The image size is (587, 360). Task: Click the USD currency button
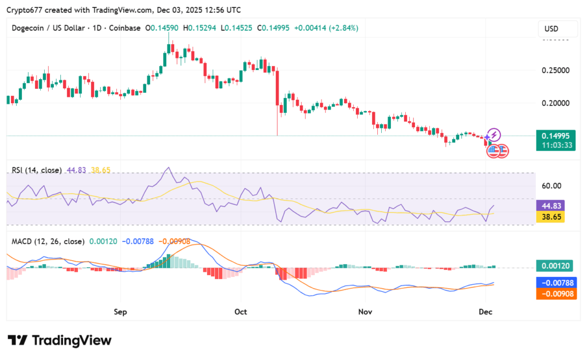551,29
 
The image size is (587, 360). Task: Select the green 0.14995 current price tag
553,136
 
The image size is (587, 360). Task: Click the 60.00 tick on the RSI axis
551,186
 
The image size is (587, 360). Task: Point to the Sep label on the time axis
120,312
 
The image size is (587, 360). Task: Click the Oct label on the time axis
241,312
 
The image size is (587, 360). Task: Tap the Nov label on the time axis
366,312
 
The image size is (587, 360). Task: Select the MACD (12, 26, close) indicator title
48,241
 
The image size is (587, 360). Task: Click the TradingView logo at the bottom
60,340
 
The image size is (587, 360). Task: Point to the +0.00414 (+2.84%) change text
326,28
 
